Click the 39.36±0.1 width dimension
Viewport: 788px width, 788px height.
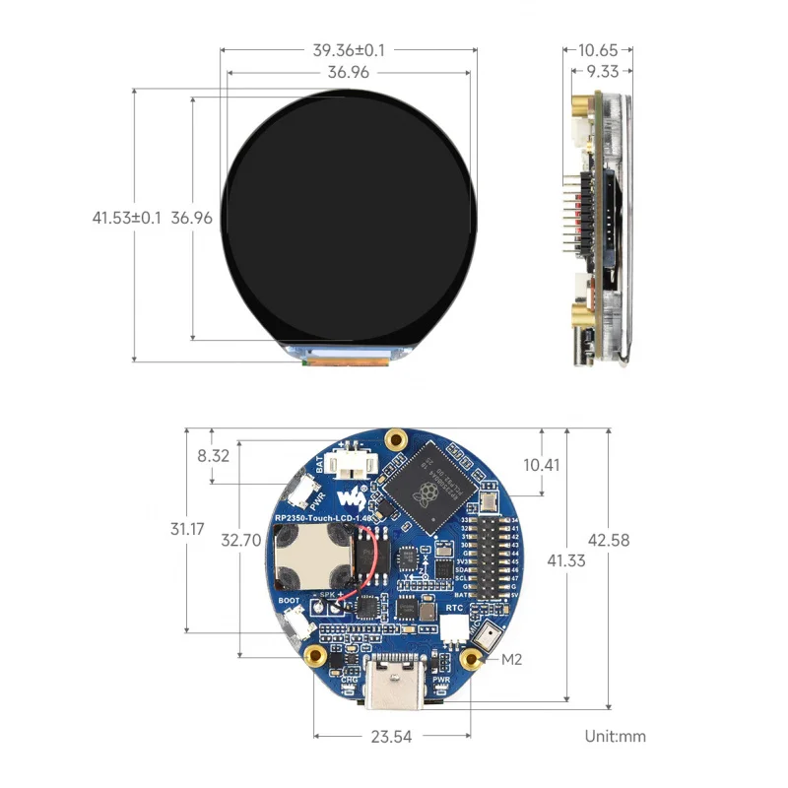tap(349, 49)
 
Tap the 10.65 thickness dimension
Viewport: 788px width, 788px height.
tap(598, 49)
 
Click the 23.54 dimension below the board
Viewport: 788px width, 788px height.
tap(391, 735)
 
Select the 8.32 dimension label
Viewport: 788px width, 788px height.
tap(214, 455)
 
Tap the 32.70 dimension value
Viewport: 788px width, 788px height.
tap(240, 540)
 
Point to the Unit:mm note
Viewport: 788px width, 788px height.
tap(615, 735)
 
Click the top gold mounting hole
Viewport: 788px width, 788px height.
tap(396, 437)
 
